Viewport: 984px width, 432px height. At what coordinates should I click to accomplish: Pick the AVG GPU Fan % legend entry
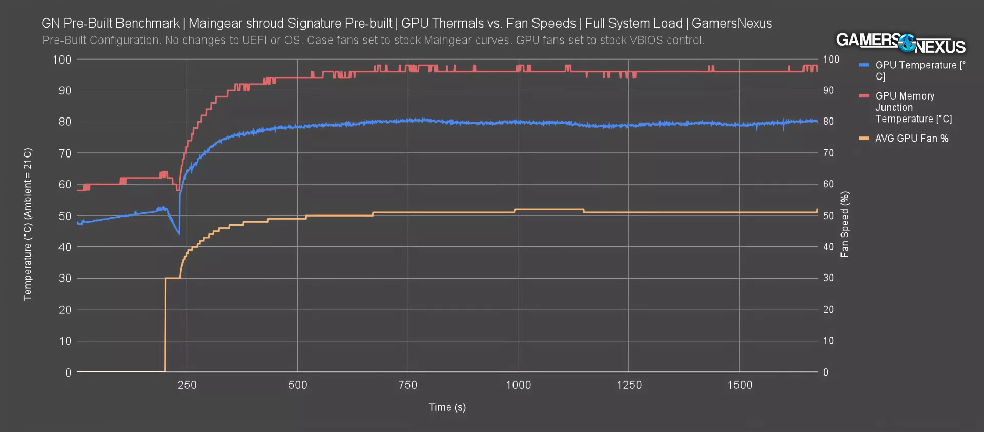[x=911, y=139]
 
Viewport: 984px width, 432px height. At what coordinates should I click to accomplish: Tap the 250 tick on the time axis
[x=187, y=385]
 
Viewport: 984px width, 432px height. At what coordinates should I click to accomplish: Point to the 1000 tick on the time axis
[x=518, y=385]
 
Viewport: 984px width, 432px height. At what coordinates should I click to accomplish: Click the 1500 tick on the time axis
[x=740, y=385]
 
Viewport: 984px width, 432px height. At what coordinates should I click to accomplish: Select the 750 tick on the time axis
[x=408, y=385]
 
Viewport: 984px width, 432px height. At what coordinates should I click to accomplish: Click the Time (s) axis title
[x=447, y=407]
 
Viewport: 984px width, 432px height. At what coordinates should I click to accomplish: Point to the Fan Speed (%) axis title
[x=845, y=224]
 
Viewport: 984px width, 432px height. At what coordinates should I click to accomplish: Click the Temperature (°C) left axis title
[x=28, y=224]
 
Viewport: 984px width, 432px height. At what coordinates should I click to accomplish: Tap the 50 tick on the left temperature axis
[x=65, y=216]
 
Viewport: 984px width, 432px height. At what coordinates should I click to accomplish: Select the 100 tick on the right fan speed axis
[x=831, y=60]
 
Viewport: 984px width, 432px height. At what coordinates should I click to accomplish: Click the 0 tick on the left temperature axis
[x=68, y=372]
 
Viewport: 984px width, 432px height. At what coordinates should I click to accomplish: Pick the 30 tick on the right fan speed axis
[x=828, y=278]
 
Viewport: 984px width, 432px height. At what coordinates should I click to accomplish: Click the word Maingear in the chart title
[x=211, y=24]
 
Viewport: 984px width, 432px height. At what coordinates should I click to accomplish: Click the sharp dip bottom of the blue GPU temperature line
[x=179, y=234]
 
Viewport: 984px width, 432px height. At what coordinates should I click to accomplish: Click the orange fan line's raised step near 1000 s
[x=549, y=209]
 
